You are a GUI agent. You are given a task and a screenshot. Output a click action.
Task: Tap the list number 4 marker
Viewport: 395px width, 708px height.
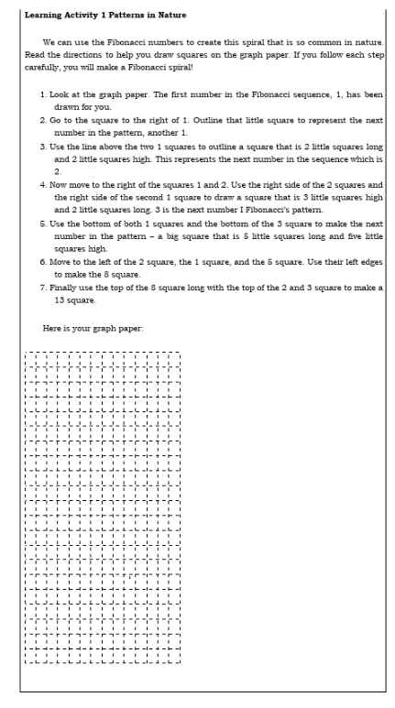44,184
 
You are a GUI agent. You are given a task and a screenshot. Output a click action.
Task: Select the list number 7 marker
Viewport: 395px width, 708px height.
44,287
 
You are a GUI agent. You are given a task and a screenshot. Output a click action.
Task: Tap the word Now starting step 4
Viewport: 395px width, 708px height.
63,184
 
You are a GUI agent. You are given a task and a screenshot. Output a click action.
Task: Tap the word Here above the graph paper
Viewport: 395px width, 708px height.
51,327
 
